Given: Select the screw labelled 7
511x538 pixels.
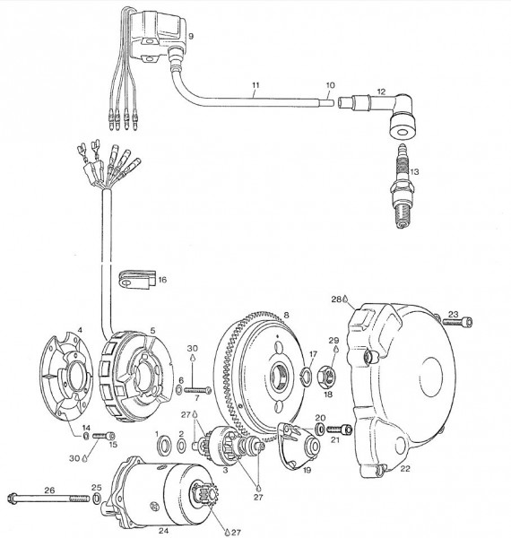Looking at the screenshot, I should pyautogui.click(x=200, y=389).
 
